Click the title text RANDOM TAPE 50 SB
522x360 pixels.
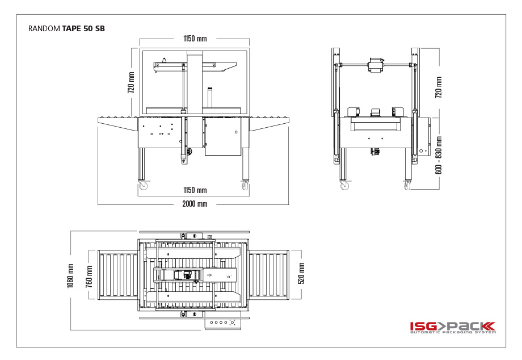point(66,28)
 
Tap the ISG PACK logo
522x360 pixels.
point(453,327)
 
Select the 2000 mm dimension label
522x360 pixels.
point(195,204)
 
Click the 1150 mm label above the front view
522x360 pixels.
point(195,39)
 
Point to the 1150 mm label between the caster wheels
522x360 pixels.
point(195,190)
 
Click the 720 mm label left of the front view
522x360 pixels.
point(131,82)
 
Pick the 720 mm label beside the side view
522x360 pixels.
point(439,87)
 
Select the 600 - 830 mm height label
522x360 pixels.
point(439,155)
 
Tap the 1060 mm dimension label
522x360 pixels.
point(70,276)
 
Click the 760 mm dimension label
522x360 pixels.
point(89,277)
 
